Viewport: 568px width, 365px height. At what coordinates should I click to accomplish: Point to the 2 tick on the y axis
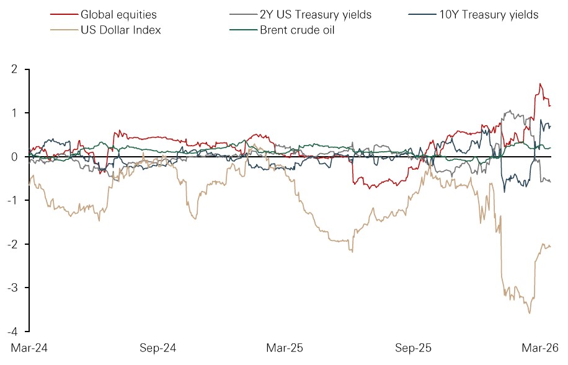14,69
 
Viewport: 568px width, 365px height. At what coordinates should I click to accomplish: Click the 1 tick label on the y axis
14,113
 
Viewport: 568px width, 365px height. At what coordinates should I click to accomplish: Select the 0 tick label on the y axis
14,157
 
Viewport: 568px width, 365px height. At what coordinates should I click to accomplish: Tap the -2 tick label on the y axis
12,244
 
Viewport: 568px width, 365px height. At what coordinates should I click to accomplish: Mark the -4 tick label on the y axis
12,332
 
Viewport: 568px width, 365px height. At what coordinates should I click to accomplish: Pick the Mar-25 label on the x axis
285,348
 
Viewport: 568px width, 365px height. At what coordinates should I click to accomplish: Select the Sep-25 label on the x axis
414,348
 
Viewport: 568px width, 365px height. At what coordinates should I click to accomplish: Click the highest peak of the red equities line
540,84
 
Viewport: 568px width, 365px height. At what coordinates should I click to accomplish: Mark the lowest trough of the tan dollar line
530,314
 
